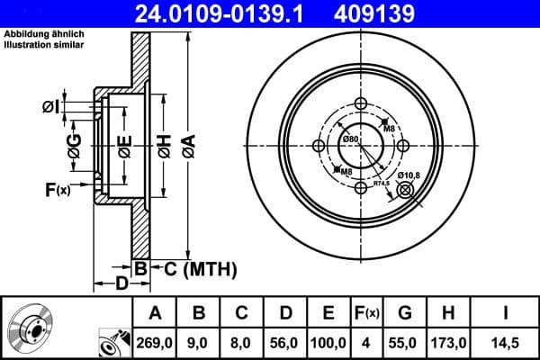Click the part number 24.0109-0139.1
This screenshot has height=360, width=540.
(x=220, y=13)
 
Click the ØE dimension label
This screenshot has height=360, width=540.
(x=125, y=144)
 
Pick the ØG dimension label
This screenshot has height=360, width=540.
(x=74, y=144)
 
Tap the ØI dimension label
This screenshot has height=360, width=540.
(x=51, y=108)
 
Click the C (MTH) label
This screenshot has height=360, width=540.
(x=193, y=268)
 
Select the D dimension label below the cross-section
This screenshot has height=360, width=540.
(x=121, y=285)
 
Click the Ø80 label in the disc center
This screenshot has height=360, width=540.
(x=350, y=139)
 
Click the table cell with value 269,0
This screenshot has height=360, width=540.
(x=155, y=343)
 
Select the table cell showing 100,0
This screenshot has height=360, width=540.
(x=328, y=343)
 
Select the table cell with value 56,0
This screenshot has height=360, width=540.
(x=284, y=343)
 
